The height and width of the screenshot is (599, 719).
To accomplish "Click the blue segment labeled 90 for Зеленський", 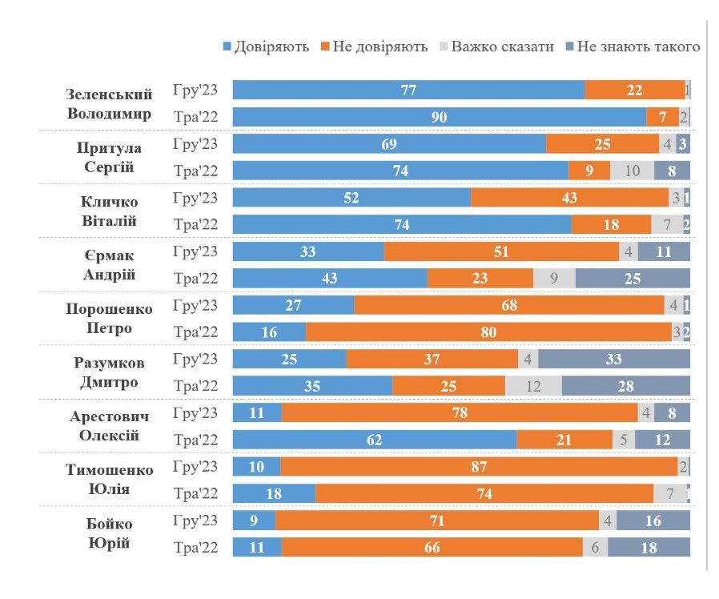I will coord(439,117).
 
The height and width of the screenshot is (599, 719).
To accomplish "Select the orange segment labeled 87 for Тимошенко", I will coord(479,467).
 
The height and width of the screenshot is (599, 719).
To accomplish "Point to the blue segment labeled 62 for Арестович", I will coord(374,440).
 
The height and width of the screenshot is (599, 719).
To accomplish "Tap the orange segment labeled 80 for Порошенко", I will coord(488,332).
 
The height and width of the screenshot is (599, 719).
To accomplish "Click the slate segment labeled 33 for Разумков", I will coord(614,360).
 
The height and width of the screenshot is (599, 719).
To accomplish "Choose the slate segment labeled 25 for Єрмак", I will coord(633,279).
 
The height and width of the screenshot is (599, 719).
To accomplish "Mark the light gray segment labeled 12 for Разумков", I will coord(533,386).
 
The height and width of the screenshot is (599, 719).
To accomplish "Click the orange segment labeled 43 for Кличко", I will coord(569,198).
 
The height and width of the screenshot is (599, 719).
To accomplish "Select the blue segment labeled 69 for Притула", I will coord(389,144).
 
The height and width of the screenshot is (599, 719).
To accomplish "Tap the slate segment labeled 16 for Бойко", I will coord(653,521).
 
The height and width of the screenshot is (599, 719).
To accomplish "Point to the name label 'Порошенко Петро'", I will coord(110,318).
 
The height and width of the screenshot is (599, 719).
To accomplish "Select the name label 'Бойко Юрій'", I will coord(110,533).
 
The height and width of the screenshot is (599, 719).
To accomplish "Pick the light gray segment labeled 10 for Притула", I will coord(632,171).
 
